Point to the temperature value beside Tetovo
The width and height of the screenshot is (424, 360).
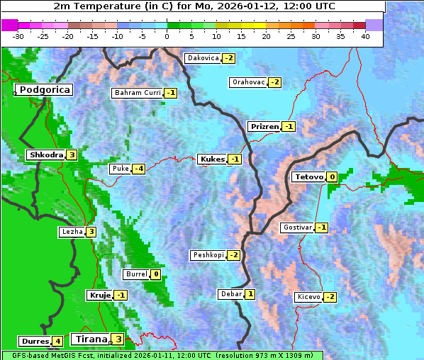331,176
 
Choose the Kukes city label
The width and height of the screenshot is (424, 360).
212,159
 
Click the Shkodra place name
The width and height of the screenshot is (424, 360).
46,154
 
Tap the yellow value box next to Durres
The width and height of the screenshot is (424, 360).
57,341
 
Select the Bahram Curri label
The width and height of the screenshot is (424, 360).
138,93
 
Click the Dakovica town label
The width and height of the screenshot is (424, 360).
203,58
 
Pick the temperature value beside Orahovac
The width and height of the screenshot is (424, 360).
274,82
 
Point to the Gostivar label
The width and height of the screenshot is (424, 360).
297,227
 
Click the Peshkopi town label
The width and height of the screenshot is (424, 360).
208,255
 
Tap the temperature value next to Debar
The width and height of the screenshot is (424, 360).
250,294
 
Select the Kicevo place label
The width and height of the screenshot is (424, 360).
309,297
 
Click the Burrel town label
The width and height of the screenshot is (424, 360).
135,274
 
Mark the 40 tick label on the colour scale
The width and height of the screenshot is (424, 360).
365,35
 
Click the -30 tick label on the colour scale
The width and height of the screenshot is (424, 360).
18,35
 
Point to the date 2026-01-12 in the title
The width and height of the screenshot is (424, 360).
257,6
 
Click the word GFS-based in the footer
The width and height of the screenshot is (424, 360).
30,355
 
